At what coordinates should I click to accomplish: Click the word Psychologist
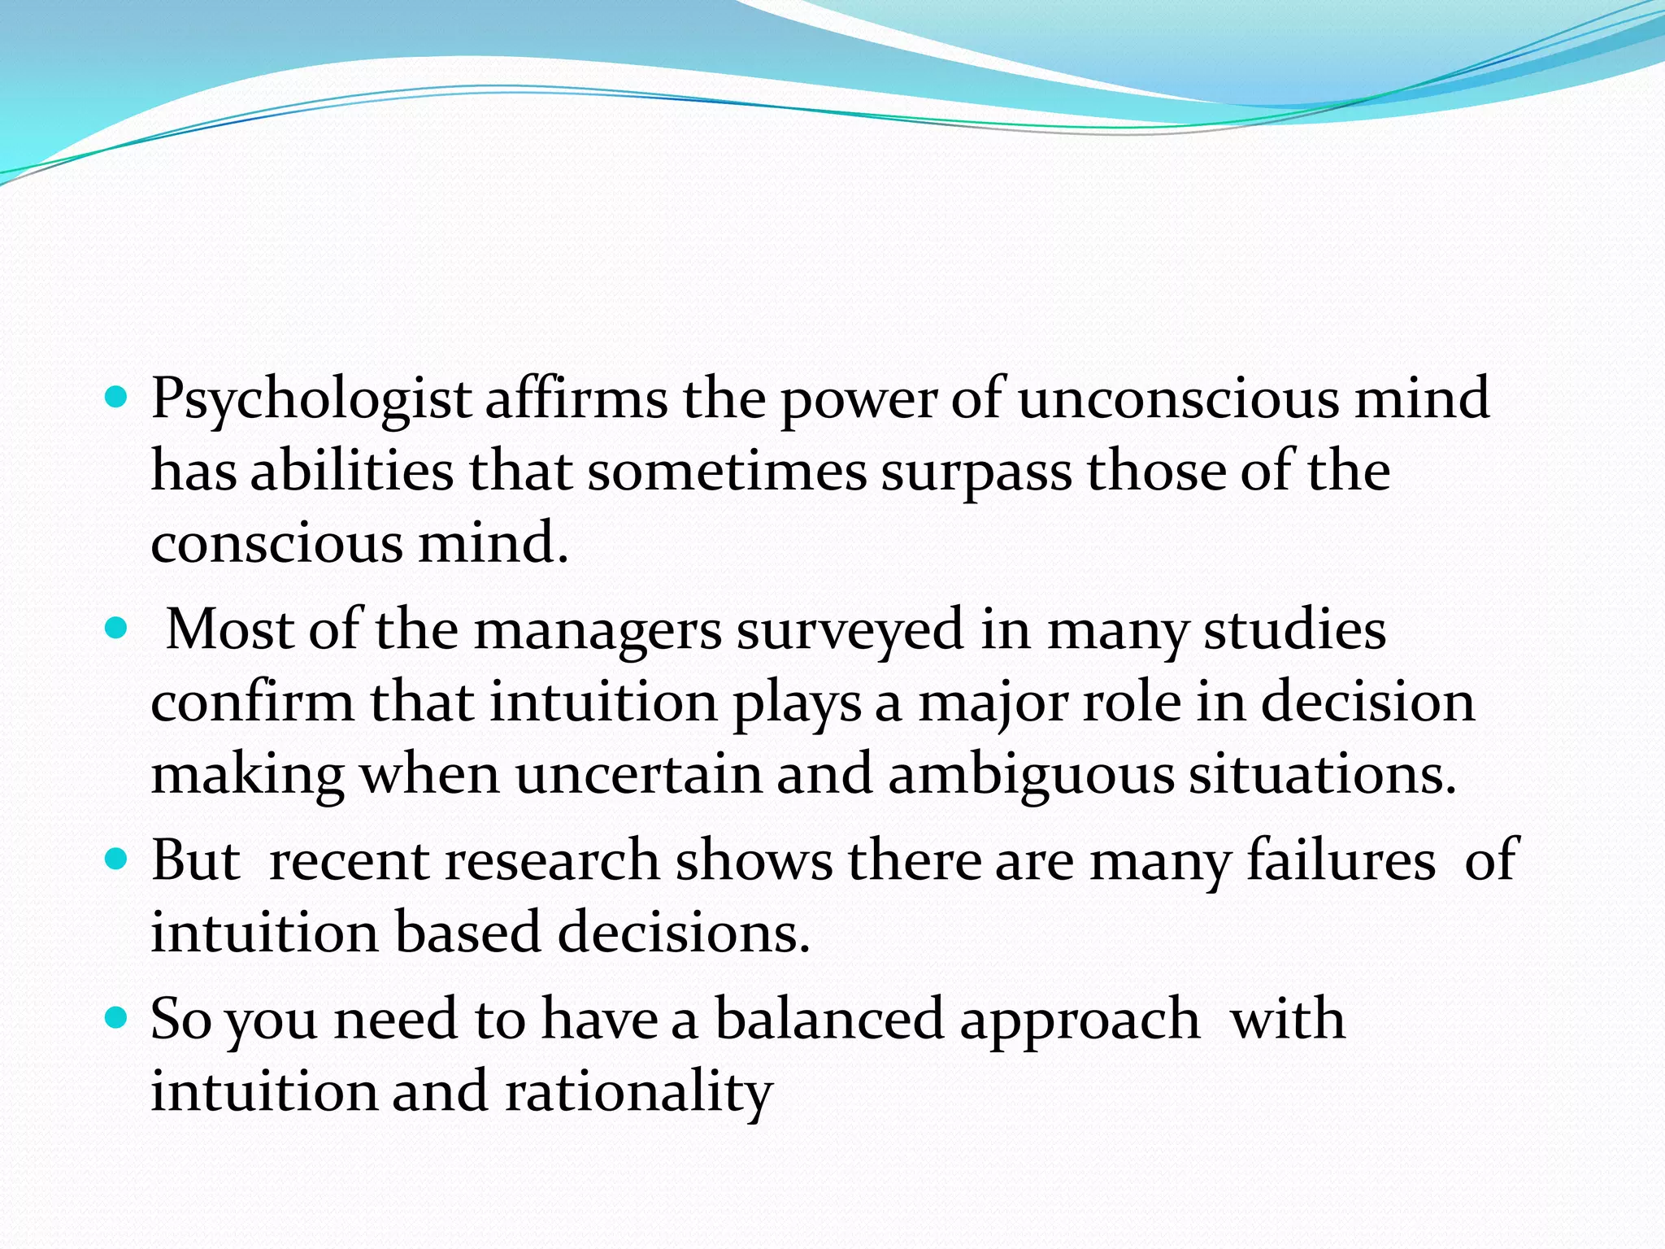[x=311, y=400]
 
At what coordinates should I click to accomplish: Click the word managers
[x=598, y=631]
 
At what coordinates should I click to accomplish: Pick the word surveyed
[x=850, y=631]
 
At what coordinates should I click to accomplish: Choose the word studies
[x=1294, y=629]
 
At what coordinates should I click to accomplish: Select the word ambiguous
[x=1030, y=774]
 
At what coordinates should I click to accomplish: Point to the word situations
[x=1322, y=774]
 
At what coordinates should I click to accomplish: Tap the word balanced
[x=828, y=1019]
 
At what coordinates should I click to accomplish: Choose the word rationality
[x=638, y=1092]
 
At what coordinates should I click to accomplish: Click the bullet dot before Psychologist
[x=117, y=398]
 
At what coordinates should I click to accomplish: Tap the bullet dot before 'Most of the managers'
[x=117, y=629]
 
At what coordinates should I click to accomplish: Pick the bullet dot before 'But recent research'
[x=117, y=860]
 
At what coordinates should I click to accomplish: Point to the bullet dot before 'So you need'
[x=117, y=1018]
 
